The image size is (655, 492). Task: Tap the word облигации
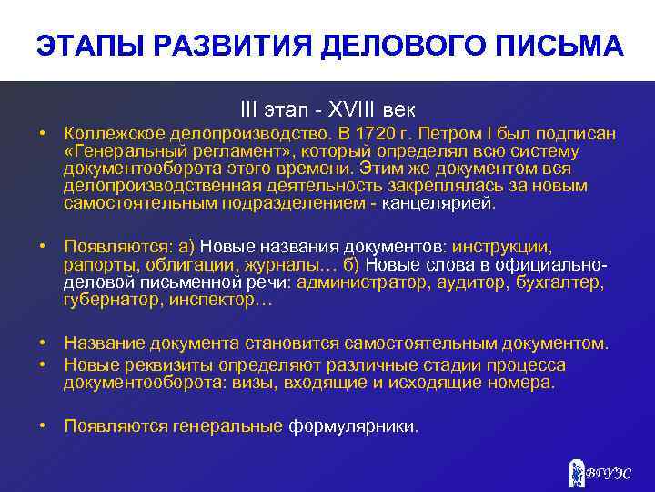click(x=193, y=264)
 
